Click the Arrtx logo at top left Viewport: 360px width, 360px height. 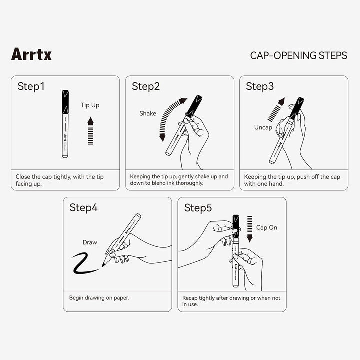point(31,54)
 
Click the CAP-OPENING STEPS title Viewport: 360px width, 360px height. point(298,56)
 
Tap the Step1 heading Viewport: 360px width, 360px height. point(31,86)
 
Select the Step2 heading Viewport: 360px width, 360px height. point(146,86)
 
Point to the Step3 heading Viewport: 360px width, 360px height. point(260,86)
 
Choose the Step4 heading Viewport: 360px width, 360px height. point(83,208)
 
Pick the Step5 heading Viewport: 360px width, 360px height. point(198,208)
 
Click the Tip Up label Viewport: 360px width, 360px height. point(90,105)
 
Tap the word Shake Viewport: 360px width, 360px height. point(148,113)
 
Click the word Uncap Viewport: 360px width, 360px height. point(263,127)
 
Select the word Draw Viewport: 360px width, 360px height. point(90,242)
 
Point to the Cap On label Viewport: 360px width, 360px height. point(267,228)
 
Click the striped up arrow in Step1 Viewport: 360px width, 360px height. point(90,131)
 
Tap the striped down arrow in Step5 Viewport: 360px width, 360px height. point(250,229)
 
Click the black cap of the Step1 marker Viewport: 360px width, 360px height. point(65,102)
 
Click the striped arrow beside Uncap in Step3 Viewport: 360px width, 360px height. point(276,110)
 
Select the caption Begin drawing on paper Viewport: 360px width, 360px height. point(99,298)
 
